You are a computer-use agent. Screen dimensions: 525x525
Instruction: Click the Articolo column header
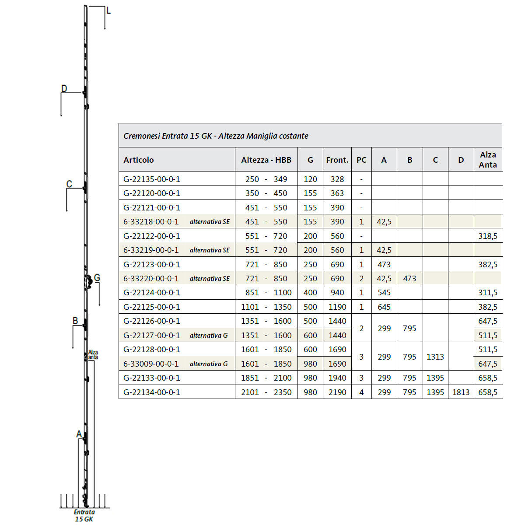point(138,160)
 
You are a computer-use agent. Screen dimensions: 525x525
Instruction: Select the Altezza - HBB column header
point(266,160)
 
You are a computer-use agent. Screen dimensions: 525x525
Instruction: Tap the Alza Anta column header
point(488,160)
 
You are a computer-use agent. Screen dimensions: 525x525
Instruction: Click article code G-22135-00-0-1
point(152,179)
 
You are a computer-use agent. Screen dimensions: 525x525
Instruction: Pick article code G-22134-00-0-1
point(152,392)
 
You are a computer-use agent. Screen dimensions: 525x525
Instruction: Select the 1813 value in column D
point(461,392)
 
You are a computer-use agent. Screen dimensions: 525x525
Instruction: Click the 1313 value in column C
point(435,357)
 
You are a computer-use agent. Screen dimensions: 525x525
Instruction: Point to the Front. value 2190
point(337,392)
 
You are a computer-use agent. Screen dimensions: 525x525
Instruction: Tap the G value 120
point(310,179)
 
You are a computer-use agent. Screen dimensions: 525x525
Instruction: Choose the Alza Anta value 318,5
point(488,236)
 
